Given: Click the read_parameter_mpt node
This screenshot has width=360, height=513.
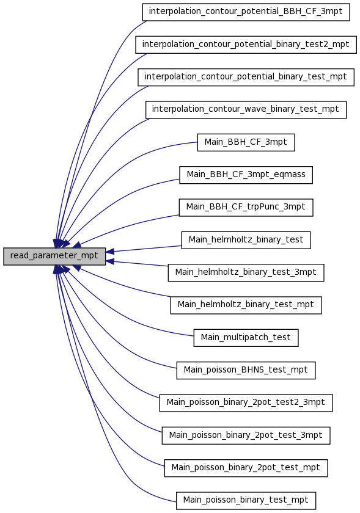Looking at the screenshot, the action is coord(54,256).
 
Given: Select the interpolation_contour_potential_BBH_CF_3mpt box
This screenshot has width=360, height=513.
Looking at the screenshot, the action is coord(246,12).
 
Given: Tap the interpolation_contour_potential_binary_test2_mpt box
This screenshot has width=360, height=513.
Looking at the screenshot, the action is coord(246,45).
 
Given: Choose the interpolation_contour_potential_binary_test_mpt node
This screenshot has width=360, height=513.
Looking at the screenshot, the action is coord(246,77).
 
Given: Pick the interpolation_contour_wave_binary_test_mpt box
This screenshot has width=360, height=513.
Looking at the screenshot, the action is coord(246,110).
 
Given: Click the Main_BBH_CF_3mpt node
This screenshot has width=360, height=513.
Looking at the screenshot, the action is coord(246,142).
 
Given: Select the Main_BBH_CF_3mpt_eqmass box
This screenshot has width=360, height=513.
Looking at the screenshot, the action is coord(246,175).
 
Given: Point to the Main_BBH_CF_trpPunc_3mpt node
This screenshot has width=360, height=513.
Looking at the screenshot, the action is coord(246,208).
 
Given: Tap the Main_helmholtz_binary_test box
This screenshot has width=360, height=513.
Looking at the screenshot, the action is coord(246,240).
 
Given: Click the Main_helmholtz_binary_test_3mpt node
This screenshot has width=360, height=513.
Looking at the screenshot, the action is coord(246,272).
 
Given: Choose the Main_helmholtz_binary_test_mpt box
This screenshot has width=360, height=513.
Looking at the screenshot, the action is coord(246,305).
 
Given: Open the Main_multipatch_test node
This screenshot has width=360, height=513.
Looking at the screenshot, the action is coord(246,338).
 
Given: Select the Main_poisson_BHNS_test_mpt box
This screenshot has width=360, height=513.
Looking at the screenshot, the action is coord(246,370).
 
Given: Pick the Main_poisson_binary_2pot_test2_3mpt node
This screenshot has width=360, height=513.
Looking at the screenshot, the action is coord(246,402).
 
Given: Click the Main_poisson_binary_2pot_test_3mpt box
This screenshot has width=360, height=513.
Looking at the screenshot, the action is coord(246,435).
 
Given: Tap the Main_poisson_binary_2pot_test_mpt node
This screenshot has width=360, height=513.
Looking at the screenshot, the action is coord(246,468).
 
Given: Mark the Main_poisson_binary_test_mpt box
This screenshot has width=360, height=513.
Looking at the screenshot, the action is coord(246,501).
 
